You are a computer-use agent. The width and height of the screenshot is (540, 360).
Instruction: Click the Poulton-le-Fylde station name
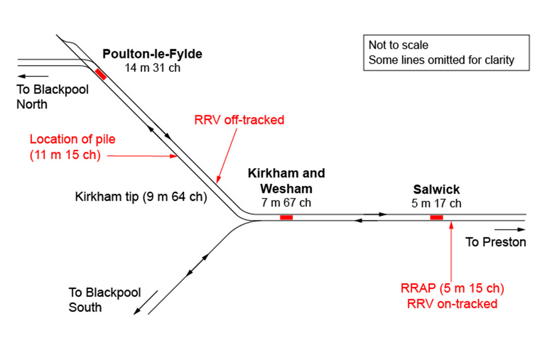click(x=152, y=55)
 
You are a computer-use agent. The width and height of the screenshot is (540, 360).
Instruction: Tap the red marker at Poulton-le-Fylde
click(x=101, y=74)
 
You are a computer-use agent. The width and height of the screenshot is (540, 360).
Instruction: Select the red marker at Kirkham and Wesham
click(x=286, y=217)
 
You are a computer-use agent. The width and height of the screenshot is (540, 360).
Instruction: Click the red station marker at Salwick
click(x=436, y=217)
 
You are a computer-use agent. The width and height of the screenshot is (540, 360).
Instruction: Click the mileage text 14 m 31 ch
click(x=152, y=67)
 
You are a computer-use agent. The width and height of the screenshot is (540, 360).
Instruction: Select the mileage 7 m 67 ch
click(x=286, y=202)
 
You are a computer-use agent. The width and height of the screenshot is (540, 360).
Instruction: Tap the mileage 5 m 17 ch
click(x=436, y=203)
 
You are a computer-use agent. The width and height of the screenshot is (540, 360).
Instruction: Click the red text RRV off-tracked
click(x=239, y=120)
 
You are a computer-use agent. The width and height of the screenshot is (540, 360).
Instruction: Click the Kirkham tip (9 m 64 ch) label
click(x=141, y=197)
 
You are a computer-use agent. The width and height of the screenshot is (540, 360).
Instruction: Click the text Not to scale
click(x=399, y=45)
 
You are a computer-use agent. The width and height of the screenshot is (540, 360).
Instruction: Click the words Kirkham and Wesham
click(x=286, y=181)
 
